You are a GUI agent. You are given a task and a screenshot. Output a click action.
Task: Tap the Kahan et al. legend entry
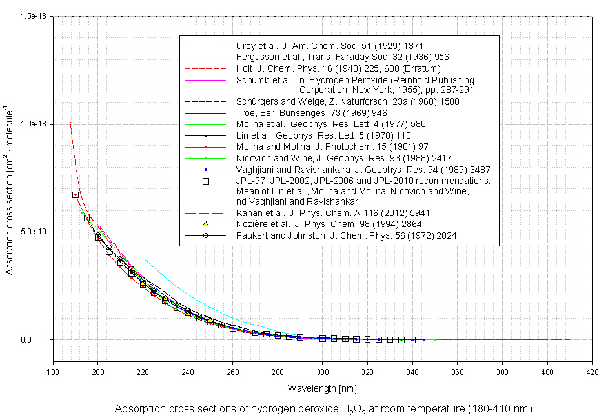click(329, 212)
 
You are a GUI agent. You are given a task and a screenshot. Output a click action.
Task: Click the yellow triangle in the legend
click(206, 223)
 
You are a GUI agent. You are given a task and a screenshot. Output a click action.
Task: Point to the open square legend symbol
click(206, 181)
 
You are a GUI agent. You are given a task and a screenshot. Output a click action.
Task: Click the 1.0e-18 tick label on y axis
click(33, 124)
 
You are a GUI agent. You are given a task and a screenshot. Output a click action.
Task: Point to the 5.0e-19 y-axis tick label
click(33, 232)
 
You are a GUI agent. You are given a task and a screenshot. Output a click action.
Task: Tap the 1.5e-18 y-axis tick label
click(33, 16)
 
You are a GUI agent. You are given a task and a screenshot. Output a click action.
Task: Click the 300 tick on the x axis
click(323, 372)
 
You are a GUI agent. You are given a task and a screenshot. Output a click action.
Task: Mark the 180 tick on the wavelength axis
click(53, 372)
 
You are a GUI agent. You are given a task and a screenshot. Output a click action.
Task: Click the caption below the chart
click(323, 409)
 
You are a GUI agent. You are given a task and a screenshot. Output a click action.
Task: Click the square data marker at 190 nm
click(76, 195)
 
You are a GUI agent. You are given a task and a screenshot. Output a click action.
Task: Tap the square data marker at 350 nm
click(435, 339)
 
